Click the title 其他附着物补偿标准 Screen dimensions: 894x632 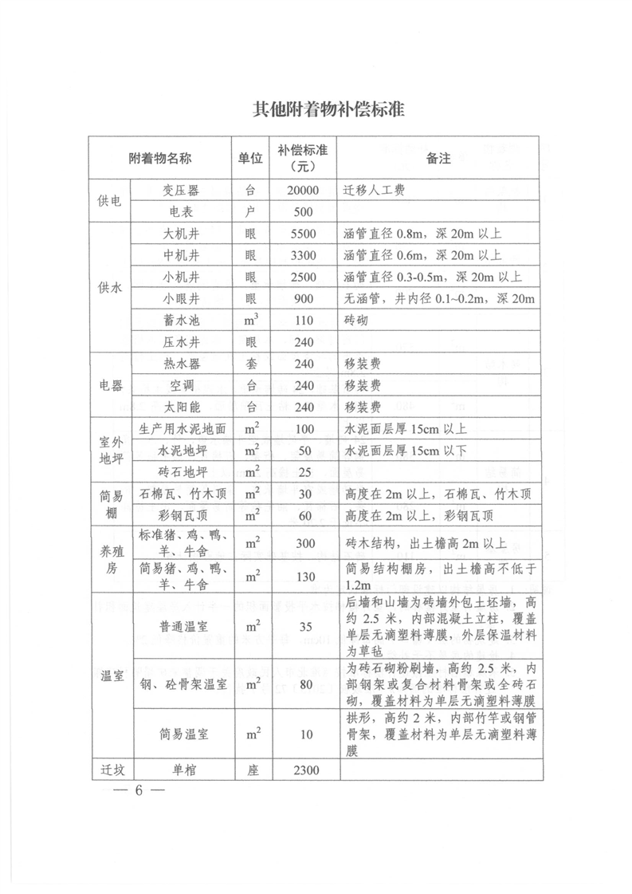tap(316, 109)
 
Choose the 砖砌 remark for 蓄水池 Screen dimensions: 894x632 tap(356, 321)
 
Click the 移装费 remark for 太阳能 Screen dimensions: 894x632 tap(362, 407)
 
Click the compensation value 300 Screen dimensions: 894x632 tap(303, 544)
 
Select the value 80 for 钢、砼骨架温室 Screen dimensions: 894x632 tap(303, 684)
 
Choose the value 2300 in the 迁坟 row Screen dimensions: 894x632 tap(303, 770)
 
